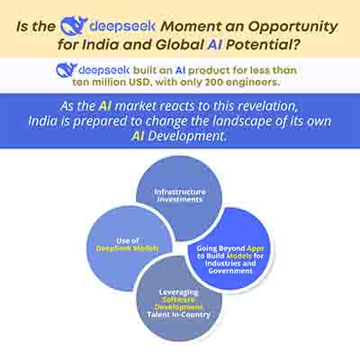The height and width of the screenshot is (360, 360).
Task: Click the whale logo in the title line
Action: pyautogui.click(x=74, y=26)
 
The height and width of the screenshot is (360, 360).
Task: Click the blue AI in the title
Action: pyautogui.click(x=214, y=45)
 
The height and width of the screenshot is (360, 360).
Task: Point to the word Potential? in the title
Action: pyautogui.click(x=263, y=45)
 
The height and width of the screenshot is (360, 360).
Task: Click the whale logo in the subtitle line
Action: pyautogui.click(x=67, y=70)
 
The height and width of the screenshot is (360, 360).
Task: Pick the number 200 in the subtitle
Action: pyautogui.click(x=213, y=82)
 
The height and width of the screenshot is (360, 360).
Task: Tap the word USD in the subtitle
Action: pyautogui.click(x=139, y=82)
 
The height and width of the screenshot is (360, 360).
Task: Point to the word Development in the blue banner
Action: pyautogui.click(x=186, y=136)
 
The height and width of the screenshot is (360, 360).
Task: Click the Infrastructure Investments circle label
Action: pyautogui.click(x=180, y=195)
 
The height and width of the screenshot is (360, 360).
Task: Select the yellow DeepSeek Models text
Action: pyautogui.click(x=127, y=248)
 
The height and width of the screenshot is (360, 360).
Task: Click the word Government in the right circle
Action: pyautogui.click(x=230, y=271)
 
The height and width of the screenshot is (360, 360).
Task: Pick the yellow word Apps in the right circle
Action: pyautogui.click(x=256, y=248)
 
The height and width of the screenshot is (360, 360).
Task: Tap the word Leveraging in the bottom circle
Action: pyautogui.click(x=179, y=292)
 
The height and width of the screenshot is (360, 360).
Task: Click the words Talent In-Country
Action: pyautogui.click(x=178, y=314)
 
